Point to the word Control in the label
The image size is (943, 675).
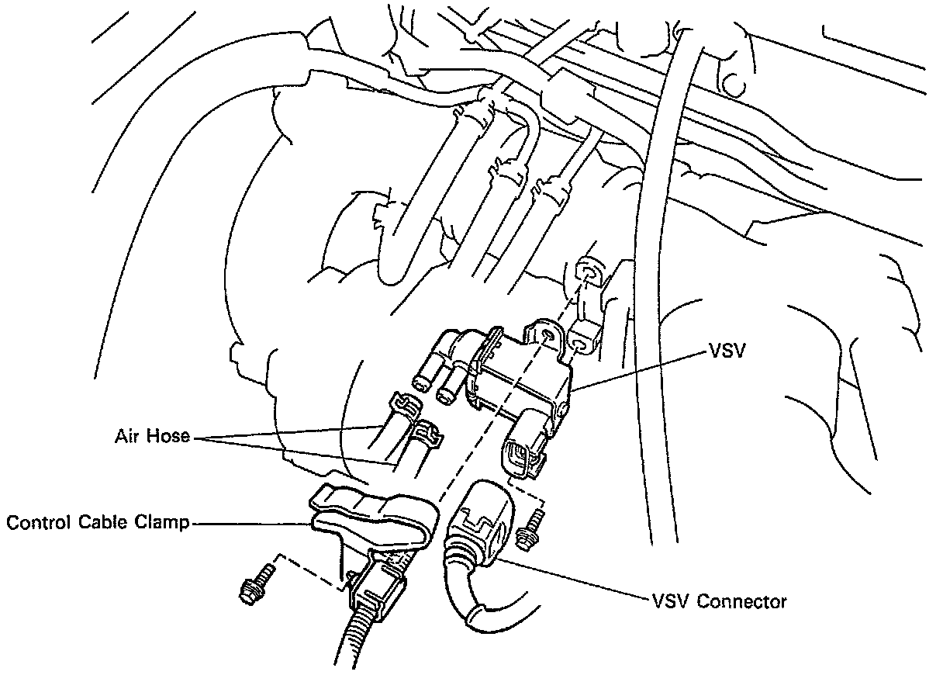pyautogui.click(x=34, y=523)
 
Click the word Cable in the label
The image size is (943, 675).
pyautogui.click(x=98, y=523)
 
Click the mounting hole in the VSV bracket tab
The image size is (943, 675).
pyautogui.click(x=549, y=335)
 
